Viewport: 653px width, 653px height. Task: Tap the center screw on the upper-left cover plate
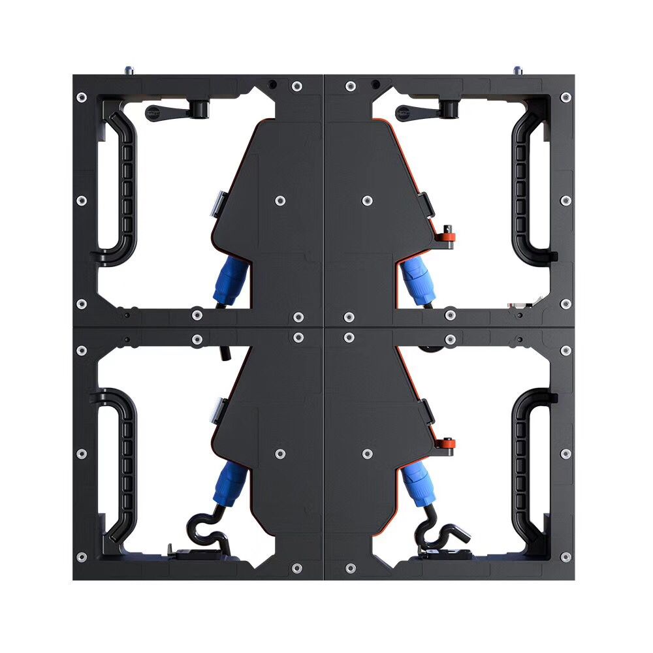280,200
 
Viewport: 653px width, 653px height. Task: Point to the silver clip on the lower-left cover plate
216,410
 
